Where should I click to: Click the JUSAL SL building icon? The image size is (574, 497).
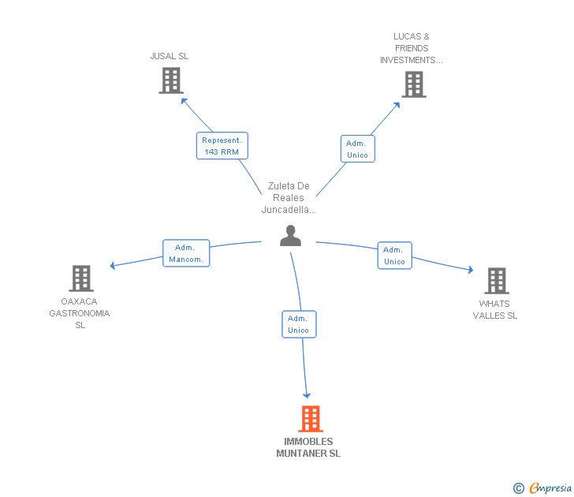click(x=171, y=80)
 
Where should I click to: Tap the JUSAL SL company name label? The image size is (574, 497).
click(x=170, y=56)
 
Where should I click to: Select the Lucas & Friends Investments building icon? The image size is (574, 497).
click(x=414, y=84)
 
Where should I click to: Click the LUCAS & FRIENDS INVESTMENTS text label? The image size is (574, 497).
click(x=412, y=48)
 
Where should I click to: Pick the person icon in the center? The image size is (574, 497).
click(x=291, y=236)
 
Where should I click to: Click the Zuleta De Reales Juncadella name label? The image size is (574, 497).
click(x=289, y=198)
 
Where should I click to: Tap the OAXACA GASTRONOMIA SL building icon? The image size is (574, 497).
click(x=81, y=278)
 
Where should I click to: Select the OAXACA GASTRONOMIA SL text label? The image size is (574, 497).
click(x=80, y=313)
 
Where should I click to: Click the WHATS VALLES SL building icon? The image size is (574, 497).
click(x=496, y=281)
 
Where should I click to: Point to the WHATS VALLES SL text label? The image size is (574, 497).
click(x=494, y=309)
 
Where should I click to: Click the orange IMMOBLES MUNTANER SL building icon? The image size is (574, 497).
click(x=311, y=419)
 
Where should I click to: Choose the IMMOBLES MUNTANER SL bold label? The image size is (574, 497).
click(x=308, y=447)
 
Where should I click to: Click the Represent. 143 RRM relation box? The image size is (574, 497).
click(x=222, y=146)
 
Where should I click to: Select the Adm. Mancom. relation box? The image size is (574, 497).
click(x=186, y=253)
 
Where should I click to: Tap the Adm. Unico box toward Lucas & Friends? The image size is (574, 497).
click(x=357, y=149)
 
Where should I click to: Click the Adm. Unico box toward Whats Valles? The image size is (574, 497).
click(x=394, y=256)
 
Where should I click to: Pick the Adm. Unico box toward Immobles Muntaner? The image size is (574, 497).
click(x=299, y=324)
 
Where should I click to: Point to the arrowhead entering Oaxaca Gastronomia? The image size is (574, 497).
click(x=114, y=266)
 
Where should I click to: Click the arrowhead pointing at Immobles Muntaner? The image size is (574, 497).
click(x=307, y=394)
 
